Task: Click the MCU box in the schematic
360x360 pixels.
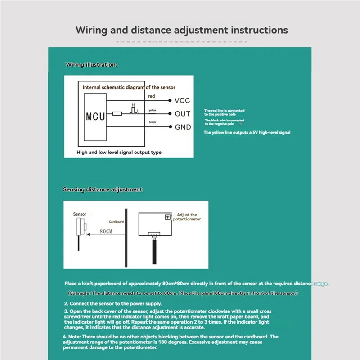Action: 95,116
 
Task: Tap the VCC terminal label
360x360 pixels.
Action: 182,101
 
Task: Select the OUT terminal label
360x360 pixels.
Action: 182,114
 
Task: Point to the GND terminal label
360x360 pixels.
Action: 183,127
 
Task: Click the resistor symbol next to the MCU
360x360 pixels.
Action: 117,114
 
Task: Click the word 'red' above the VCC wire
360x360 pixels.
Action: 151,96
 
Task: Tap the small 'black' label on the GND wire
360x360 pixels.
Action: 152,122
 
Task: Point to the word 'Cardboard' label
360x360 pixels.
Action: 116,222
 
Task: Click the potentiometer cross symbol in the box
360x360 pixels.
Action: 168,217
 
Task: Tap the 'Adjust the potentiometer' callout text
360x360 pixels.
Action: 187,217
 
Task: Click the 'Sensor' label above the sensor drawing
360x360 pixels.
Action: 80,214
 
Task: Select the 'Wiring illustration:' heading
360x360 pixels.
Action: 91,65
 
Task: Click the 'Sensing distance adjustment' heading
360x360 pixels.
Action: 102,189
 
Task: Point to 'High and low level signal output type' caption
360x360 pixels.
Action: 119,153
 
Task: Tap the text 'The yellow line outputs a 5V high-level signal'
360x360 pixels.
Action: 247,133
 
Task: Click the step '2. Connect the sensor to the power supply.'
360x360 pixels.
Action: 112,304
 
